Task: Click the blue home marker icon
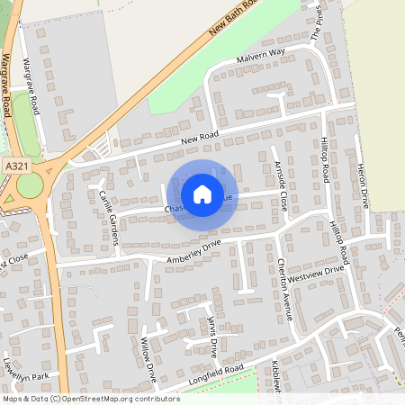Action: point(202,193)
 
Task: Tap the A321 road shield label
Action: point(15,167)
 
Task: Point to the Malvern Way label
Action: point(260,55)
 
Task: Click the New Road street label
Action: point(200,138)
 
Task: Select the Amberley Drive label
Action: point(193,251)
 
